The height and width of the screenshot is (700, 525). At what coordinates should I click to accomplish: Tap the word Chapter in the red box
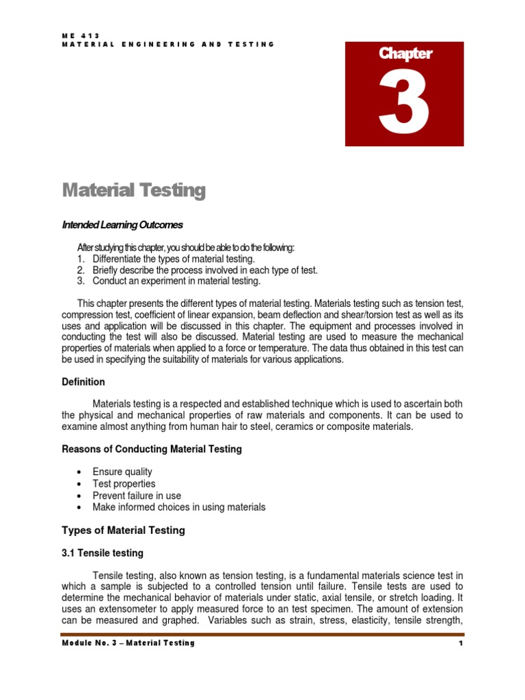[x=405, y=54]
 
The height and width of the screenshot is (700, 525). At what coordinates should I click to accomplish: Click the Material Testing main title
[x=133, y=190]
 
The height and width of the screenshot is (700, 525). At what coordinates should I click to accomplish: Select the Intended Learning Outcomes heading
[x=122, y=224]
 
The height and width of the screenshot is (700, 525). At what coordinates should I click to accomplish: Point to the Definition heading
[x=83, y=382]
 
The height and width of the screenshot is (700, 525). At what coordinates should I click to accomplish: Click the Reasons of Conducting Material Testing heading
[x=152, y=449]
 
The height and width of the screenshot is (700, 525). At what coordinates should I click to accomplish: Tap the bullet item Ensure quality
[x=122, y=472]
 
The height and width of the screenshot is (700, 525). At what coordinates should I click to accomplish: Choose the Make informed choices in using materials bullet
[x=179, y=507]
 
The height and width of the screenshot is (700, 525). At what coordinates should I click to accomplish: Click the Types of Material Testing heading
[x=123, y=530]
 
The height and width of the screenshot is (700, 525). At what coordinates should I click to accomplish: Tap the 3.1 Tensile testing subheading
[x=103, y=552]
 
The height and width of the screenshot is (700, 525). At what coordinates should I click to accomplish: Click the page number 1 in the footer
[x=461, y=643]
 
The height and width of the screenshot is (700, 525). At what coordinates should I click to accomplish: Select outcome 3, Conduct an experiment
[x=176, y=281]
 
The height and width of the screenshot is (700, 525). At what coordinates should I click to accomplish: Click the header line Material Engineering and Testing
[x=168, y=44]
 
